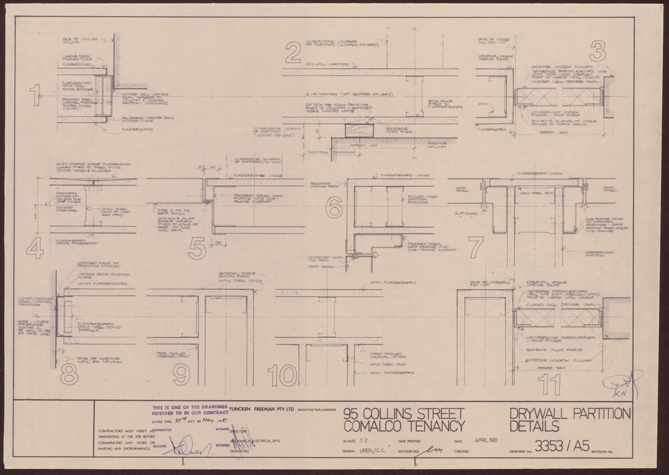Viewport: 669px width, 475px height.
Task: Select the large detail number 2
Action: [x=292, y=54]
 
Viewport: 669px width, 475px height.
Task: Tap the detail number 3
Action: [x=597, y=52]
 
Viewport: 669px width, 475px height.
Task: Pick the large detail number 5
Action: [x=197, y=248]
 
